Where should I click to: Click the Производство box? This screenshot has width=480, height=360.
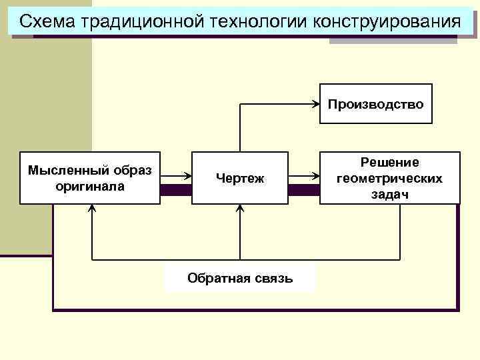tap(376, 104)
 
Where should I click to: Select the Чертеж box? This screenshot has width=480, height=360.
tap(240, 178)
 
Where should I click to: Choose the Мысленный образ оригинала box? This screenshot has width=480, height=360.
tap(90, 178)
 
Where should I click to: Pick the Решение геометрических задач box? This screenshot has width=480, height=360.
tap(390, 178)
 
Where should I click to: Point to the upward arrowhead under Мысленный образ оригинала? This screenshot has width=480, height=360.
tap(92, 208)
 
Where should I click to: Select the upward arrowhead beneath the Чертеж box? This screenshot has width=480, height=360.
tap(240, 208)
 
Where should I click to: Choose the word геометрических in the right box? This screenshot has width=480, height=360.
tap(390, 179)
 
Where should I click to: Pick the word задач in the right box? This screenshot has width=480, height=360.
tap(390, 194)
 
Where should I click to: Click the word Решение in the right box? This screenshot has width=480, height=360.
tap(390, 163)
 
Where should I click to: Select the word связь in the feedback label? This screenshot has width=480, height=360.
tap(275, 278)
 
